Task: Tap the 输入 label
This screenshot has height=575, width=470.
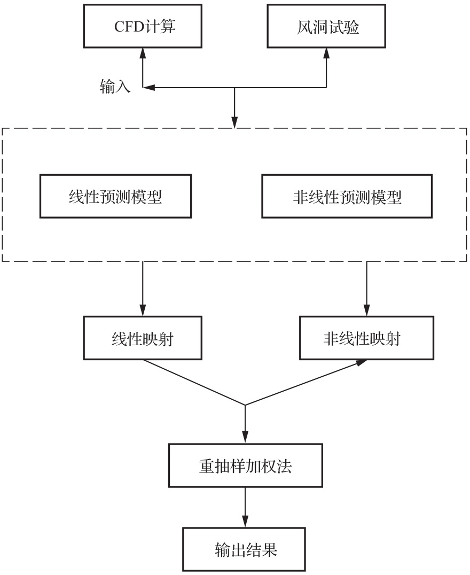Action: [115, 87]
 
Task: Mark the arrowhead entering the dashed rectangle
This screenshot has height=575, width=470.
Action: [234, 122]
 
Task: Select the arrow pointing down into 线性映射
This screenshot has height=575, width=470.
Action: [143, 289]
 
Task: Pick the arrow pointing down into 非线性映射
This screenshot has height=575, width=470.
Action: [366, 289]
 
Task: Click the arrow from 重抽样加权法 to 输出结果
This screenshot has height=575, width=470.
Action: [245, 508]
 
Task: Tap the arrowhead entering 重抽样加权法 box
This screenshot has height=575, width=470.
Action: [245, 438]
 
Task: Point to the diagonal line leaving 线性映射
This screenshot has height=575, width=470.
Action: [194, 383]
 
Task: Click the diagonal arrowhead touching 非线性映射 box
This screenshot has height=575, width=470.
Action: [361, 362]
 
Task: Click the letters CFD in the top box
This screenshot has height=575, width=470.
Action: [129, 26]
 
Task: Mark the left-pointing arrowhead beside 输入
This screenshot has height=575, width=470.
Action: [148, 88]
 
